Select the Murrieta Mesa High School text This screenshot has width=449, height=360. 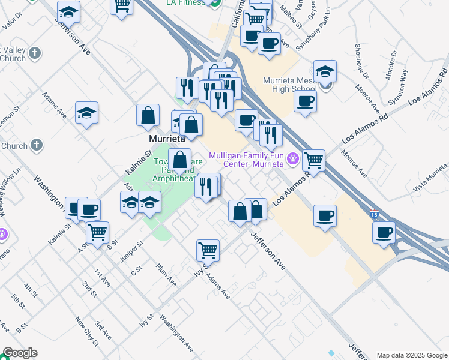289,85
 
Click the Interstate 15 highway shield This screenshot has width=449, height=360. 374,214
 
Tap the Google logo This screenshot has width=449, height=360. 20,353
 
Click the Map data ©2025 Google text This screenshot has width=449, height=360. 411,355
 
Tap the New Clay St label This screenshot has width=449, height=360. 87,333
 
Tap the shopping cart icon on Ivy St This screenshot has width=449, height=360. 208,249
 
